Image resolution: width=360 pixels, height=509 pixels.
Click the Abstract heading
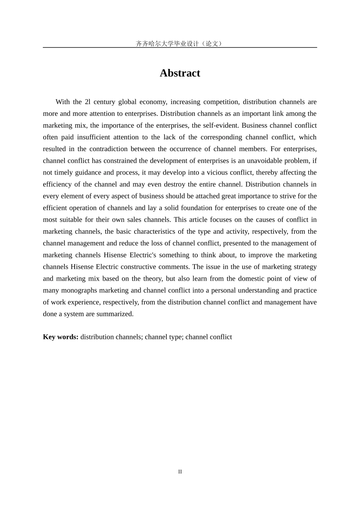pyautogui.click(x=180, y=73)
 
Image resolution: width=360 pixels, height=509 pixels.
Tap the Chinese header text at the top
pyautogui.click(x=180, y=44)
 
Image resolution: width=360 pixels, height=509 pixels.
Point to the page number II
pyautogui.click(x=180, y=472)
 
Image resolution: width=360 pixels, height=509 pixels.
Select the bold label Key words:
pyautogui.click(x=61, y=337)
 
